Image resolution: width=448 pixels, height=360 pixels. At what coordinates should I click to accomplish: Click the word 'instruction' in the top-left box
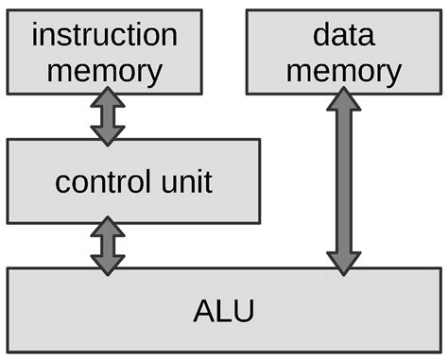pyautogui.click(x=104, y=36)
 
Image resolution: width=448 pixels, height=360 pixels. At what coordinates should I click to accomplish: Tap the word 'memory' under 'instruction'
pyautogui.click(x=104, y=70)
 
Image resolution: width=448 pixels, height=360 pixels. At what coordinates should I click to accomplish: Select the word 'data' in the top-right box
pyautogui.click(x=342, y=36)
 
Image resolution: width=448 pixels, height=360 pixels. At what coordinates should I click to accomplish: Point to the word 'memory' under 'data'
pyautogui.click(x=342, y=70)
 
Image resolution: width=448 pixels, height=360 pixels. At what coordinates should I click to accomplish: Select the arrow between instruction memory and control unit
pyautogui.click(x=107, y=116)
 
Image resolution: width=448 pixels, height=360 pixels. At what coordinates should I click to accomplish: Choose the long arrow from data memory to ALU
pyautogui.click(x=343, y=180)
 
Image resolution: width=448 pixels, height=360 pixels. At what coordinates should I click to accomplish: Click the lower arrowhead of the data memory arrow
pyautogui.click(x=343, y=261)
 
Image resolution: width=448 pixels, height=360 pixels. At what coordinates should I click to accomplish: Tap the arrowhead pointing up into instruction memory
pyautogui.click(x=107, y=100)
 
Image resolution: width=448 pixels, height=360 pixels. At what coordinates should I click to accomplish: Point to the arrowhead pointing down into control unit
pyautogui.click(x=107, y=132)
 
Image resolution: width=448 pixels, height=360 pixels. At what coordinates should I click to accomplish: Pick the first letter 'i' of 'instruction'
pyautogui.click(x=35, y=36)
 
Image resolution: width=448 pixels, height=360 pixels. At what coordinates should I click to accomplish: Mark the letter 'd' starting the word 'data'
pyautogui.click(x=319, y=36)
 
